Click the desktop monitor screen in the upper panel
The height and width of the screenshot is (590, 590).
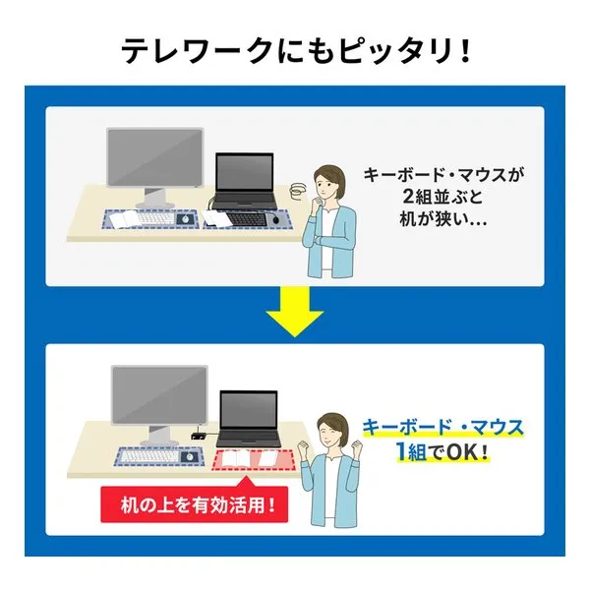155,157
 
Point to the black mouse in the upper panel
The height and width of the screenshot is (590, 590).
276,219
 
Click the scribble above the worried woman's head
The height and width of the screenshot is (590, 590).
298,190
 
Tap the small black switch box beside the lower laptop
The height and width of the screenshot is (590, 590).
198,436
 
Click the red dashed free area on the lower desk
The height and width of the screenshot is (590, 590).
254,459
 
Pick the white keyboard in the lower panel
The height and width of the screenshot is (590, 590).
149,455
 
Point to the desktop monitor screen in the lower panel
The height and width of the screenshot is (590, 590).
159,395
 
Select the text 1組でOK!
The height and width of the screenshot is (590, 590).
442,452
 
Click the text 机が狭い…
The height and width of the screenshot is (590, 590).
442,218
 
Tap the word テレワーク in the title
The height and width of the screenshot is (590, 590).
198,50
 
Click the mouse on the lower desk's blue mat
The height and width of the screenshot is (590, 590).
189,457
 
